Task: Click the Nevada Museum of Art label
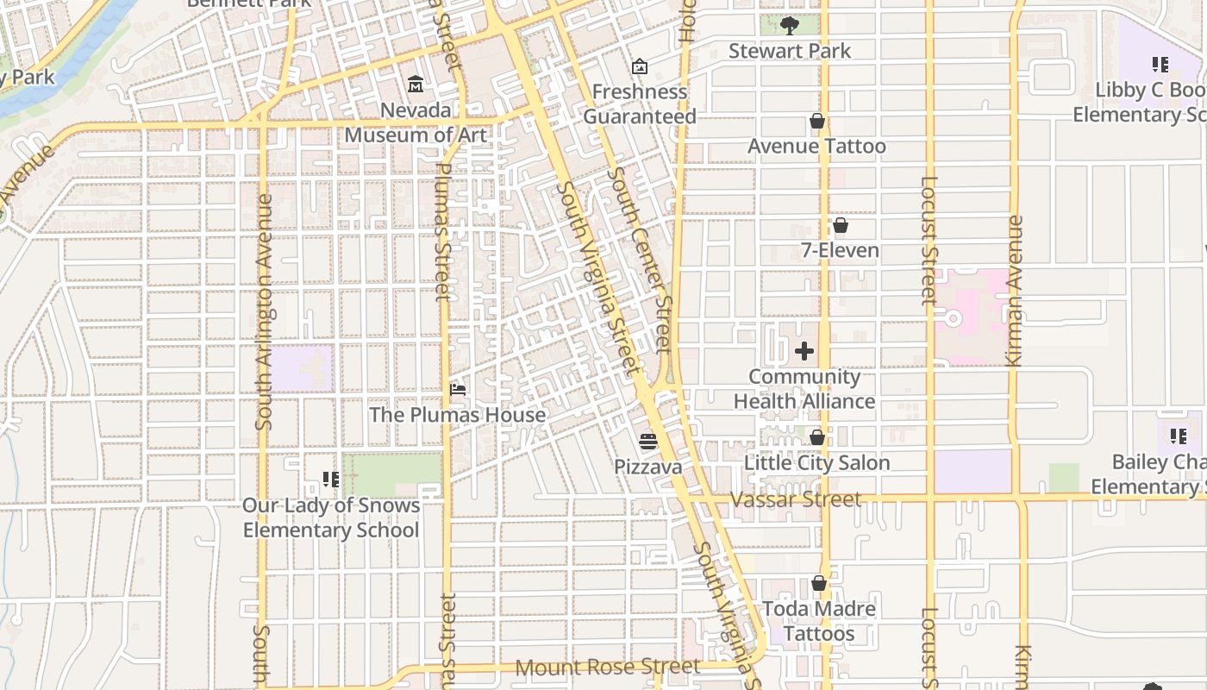416,122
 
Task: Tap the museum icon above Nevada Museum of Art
416,84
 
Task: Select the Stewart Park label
790,51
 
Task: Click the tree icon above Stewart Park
789,25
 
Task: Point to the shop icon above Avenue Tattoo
816,122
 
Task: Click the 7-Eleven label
840,251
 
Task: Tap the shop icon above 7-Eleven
840,226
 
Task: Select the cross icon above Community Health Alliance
804,351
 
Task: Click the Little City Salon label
816,463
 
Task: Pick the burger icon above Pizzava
648,442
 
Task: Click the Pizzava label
648,467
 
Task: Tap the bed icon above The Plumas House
458,390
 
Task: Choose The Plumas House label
458,415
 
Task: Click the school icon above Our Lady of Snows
330,479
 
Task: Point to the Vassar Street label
795,499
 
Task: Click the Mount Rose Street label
608,667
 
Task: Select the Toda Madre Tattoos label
819,621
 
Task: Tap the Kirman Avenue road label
1015,292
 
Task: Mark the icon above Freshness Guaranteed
640,66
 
